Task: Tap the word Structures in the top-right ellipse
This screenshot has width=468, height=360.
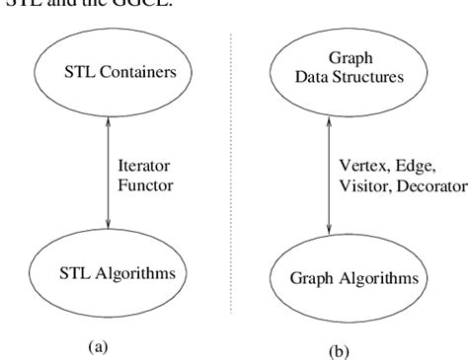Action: [x=371, y=70]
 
